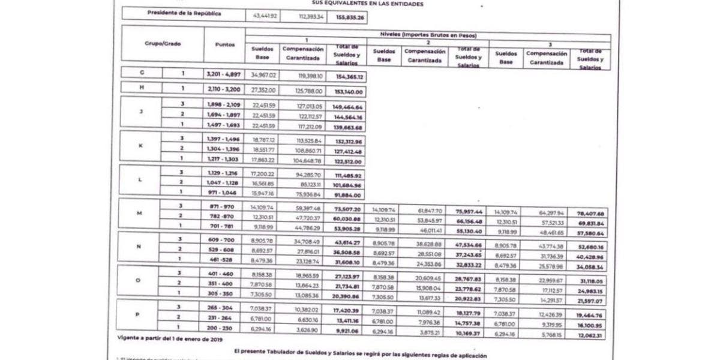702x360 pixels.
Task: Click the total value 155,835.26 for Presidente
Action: [351, 17]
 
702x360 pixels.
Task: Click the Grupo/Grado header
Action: [163, 44]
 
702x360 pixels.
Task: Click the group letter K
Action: [141, 145]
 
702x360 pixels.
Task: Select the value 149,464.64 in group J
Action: [348, 107]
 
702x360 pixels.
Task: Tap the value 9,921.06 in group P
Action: [348, 330]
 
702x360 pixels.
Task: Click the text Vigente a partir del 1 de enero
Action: [169, 340]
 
